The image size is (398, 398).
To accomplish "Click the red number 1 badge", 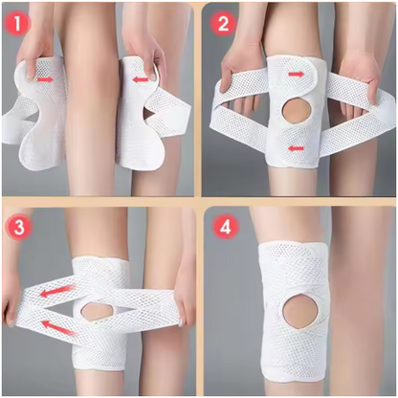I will point(16,18).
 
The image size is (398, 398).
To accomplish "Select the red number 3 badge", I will point(18,228).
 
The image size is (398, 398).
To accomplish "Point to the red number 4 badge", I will point(224,230).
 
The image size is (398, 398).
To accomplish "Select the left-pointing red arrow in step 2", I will point(298,146).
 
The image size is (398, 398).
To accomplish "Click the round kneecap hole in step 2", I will point(296,110).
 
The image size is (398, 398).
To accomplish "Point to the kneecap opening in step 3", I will point(96,311).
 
